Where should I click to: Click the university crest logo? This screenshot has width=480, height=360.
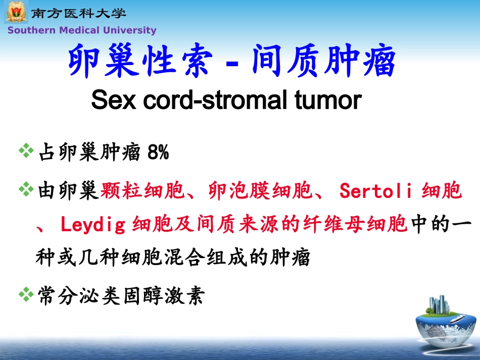tap(16, 12)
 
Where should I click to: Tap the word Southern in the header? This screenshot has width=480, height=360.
tap(31, 30)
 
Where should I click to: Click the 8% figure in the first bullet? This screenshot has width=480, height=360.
tap(158, 152)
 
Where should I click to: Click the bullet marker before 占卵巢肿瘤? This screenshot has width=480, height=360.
tap(25, 150)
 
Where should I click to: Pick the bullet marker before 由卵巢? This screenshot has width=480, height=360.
tap(25, 190)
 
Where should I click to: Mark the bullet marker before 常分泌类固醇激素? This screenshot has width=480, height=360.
tap(25, 294)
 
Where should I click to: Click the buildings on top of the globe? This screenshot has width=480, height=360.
tap(439, 305)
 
